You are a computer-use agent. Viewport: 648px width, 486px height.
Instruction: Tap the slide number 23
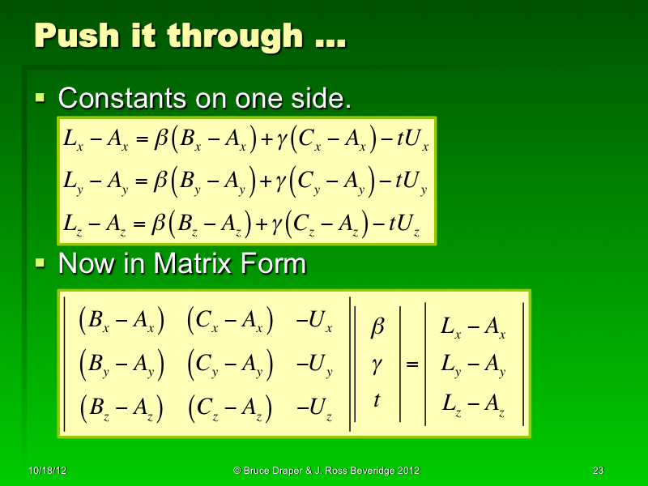[599, 471]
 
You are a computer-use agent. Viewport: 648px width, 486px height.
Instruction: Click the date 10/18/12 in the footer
[45, 471]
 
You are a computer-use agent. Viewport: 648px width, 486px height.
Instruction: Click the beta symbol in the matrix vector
[377, 327]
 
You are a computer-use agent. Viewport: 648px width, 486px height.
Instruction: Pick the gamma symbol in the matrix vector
[376, 364]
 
